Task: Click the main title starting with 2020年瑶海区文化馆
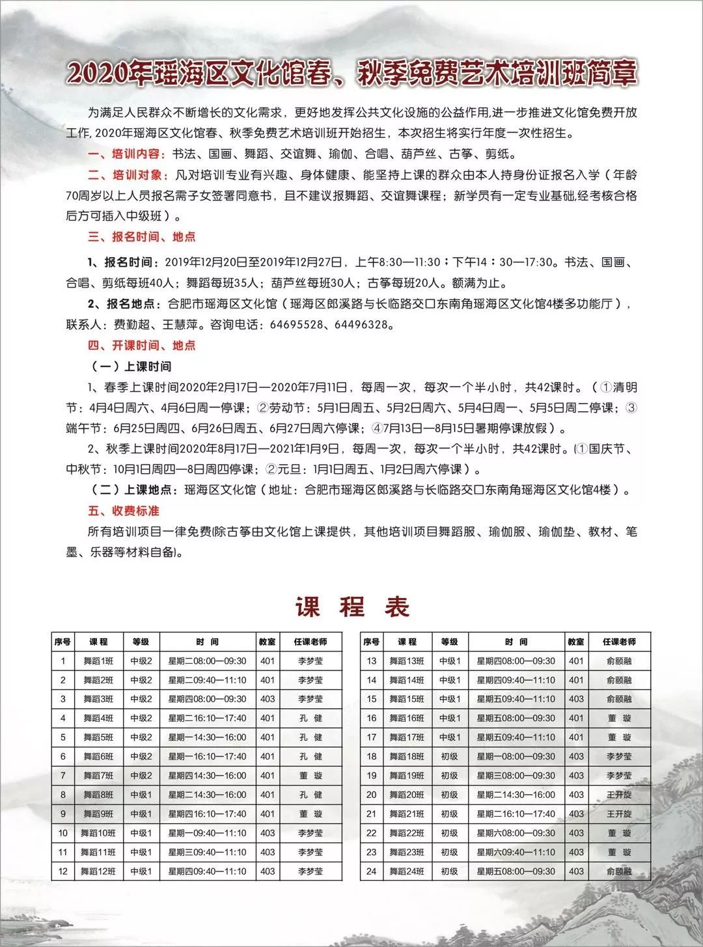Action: coord(351,74)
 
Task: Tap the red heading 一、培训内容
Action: coord(127,155)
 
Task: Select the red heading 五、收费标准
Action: coord(124,511)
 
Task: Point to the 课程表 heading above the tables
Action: coord(352,607)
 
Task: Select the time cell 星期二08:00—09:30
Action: coord(207,661)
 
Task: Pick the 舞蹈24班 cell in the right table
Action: coord(407,871)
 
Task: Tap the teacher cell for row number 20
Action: coord(618,795)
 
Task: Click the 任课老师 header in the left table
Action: coord(310,642)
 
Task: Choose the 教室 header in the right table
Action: coord(576,642)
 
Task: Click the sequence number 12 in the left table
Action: coord(63,871)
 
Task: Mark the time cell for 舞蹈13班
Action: coord(516,661)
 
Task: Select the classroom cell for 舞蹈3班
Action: coord(268,699)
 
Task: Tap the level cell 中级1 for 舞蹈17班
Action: coord(449,737)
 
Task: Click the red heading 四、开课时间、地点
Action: coord(142,346)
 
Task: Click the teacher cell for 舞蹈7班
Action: coord(310,776)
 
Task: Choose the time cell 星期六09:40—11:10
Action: coord(516,852)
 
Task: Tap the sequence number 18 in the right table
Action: coord(372,756)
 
